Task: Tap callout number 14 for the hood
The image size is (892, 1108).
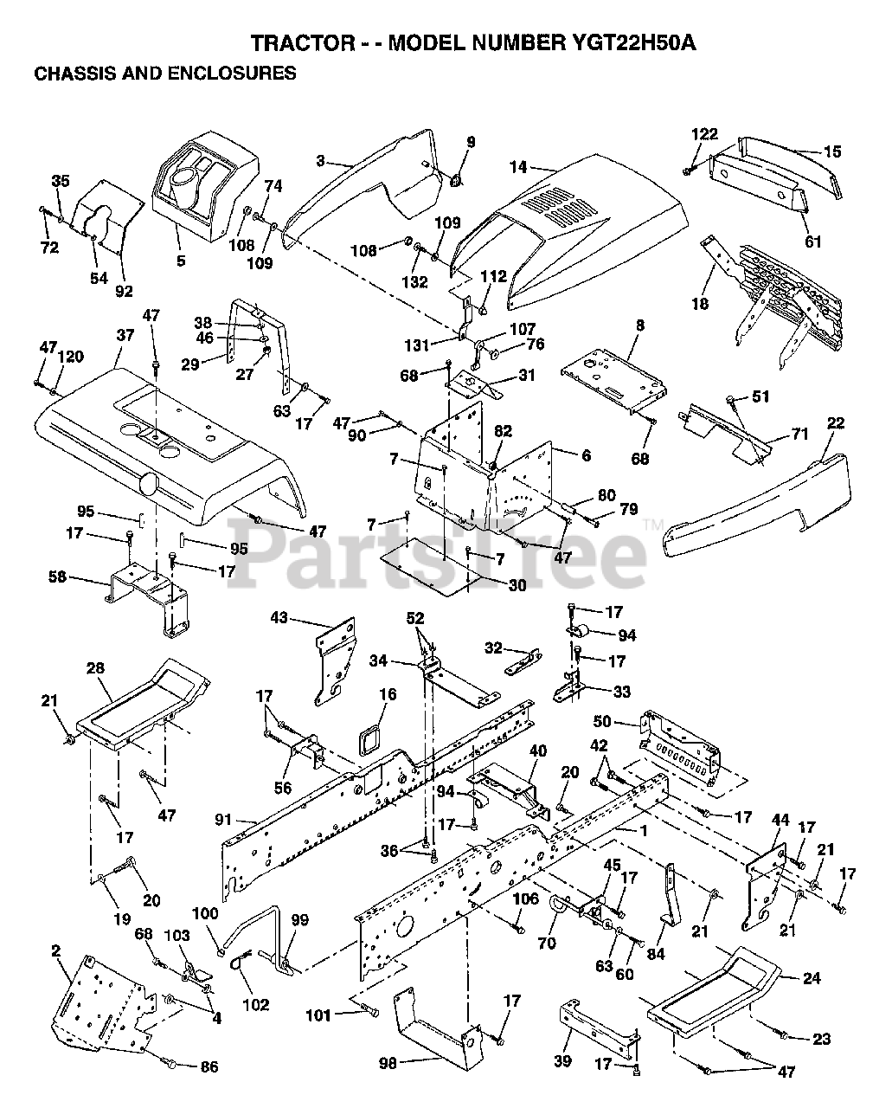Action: (x=518, y=165)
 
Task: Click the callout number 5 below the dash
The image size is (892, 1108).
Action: (x=181, y=260)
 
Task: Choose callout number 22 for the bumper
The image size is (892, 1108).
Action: (x=836, y=422)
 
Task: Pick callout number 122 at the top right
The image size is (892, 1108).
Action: (x=704, y=133)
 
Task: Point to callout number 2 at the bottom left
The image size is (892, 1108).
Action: (x=56, y=950)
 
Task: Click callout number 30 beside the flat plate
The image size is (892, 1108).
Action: (x=517, y=586)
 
